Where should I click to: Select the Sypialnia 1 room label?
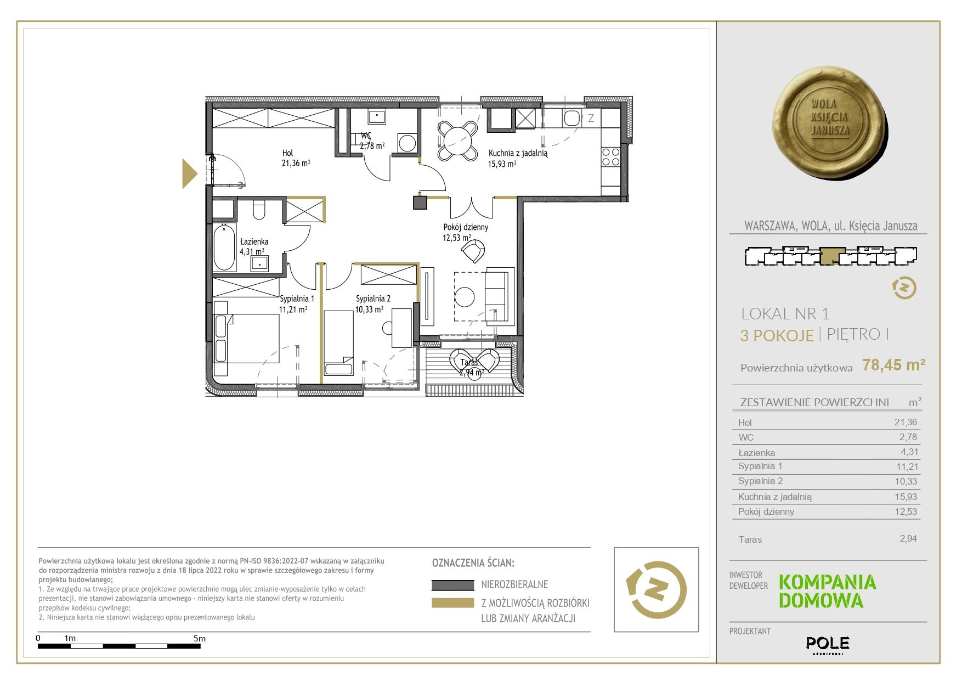pos(297,299)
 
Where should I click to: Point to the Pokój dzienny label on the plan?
pos(466,227)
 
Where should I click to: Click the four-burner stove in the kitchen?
pos(611,156)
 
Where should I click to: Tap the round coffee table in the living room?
pos(465,297)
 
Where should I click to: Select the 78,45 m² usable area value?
pos(894,364)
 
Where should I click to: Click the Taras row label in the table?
pos(750,539)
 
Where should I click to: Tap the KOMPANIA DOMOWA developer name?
pos(828,591)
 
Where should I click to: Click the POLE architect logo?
pos(828,643)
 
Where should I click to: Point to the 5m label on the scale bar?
pos(200,638)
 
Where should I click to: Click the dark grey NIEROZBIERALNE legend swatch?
pos(452,585)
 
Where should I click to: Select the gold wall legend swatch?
pos(452,603)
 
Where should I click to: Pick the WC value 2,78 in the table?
pos(908,437)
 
